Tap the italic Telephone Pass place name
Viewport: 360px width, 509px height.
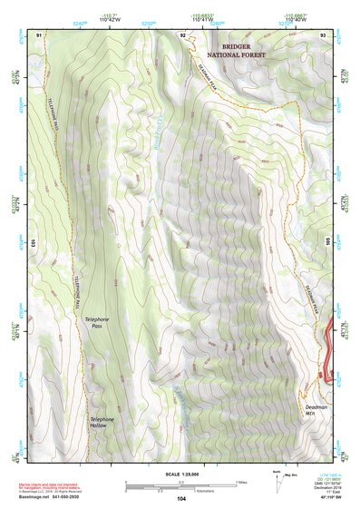[97, 322]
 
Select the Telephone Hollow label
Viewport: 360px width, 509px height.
[102, 422]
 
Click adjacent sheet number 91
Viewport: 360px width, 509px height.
[40, 34]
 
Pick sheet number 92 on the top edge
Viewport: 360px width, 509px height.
[183, 34]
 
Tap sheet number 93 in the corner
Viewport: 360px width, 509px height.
[323, 34]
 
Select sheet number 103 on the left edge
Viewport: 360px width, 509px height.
[32, 243]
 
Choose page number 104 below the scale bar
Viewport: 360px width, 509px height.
[181, 499]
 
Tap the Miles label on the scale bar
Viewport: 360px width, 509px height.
[240, 482]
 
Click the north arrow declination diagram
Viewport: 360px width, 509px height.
[277, 482]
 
